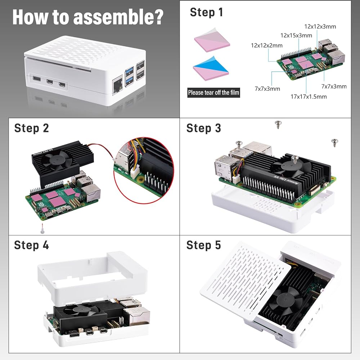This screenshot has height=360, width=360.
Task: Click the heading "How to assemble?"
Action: click(88, 17)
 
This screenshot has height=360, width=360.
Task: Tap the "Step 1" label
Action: click(206, 12)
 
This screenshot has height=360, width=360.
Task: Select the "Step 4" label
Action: click(31, 245)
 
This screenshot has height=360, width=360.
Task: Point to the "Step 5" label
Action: click(203, 245)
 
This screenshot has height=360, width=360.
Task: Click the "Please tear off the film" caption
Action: click(213, 93)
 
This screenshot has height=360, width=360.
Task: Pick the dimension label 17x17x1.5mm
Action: click(309, 96)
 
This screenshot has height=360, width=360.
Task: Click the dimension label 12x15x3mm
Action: click(296, 35)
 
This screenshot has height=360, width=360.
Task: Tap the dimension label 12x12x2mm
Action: click(267, 45)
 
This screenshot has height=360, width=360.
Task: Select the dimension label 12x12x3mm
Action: click(320, 26)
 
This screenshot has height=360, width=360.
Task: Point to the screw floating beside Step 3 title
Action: click(278, 125)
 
